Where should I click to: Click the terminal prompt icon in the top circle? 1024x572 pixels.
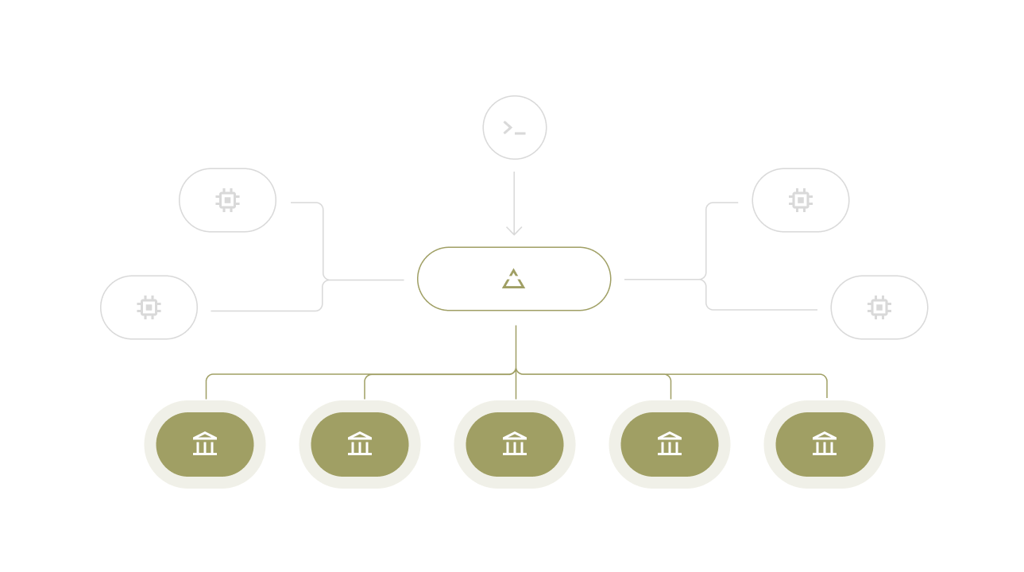514,128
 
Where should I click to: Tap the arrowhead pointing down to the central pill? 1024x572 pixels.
514,231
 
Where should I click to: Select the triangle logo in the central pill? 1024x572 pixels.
514,279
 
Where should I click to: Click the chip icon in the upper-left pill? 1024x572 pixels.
227,200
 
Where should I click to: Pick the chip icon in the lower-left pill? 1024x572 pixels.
149,307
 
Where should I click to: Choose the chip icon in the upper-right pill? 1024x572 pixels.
800,200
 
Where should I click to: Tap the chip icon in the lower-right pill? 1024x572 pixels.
879,307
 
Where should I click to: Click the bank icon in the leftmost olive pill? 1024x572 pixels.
205,443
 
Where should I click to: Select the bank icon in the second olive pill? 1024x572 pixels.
360,443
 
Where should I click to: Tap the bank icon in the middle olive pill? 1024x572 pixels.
515,443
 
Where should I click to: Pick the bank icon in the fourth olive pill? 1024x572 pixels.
670,443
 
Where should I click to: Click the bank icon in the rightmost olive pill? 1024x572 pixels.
825,443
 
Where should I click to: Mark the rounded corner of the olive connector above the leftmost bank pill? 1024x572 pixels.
208,377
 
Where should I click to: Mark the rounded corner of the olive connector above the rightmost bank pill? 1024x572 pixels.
825,377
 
